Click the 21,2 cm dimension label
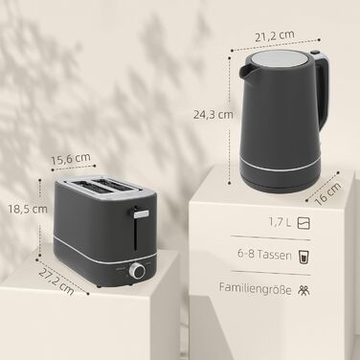(x=275, y=35)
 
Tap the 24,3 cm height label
(x=214, y=115)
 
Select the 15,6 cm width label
(x=71, y=159)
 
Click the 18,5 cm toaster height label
(x=28, y=210)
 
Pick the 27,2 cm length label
(x=56, y=282)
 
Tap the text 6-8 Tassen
(x=264, y=255)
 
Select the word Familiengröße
(x=256, y=289)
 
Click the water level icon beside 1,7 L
(x=304, y=223)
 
